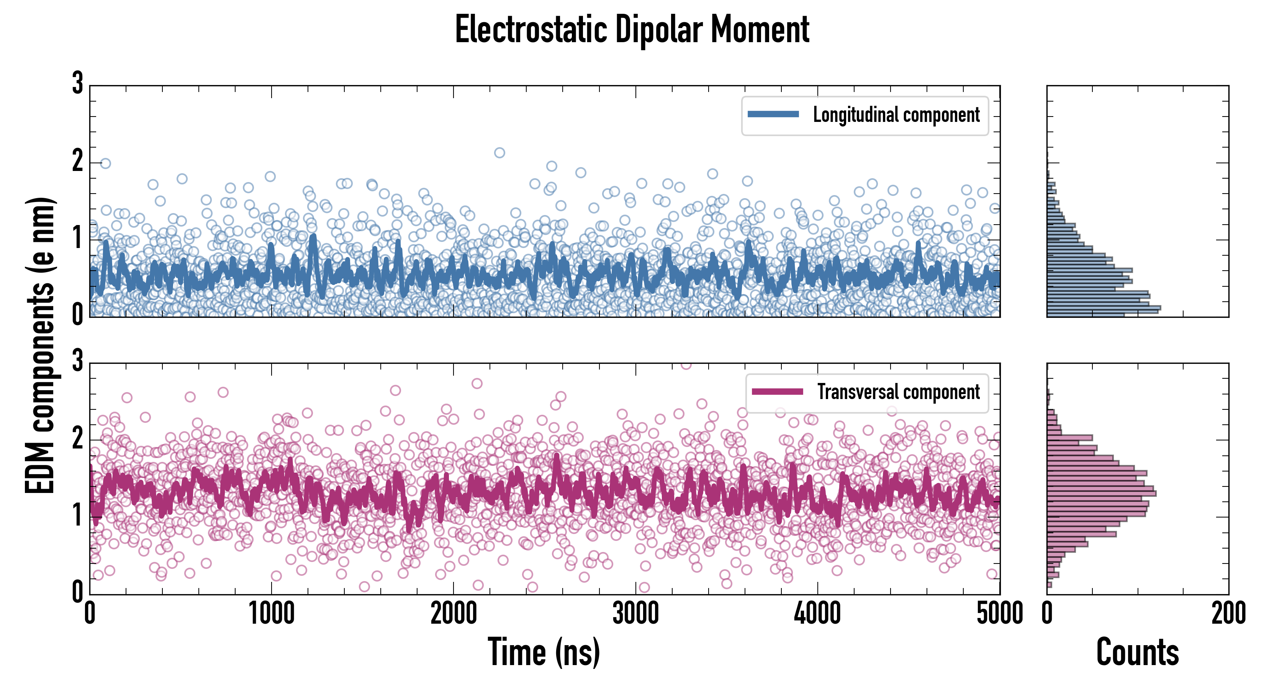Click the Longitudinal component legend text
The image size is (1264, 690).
pos(896,115)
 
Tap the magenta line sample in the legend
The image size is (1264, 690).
pos(777,391)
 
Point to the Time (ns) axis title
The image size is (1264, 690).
pos(544,652)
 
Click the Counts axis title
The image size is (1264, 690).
pos(1137,652)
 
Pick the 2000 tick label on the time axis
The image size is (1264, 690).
pos(454,614)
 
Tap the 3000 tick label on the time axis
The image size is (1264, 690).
pos(635,614)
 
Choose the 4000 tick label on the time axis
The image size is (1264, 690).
pos(817,614)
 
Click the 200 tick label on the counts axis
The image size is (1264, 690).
pos(1228,614)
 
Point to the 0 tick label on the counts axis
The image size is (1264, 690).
pos(1047,614)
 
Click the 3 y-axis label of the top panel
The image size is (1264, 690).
pos(77,84)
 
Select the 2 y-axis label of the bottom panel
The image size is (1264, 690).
pos(77,439)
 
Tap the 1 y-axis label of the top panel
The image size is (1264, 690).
pos(77,239)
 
